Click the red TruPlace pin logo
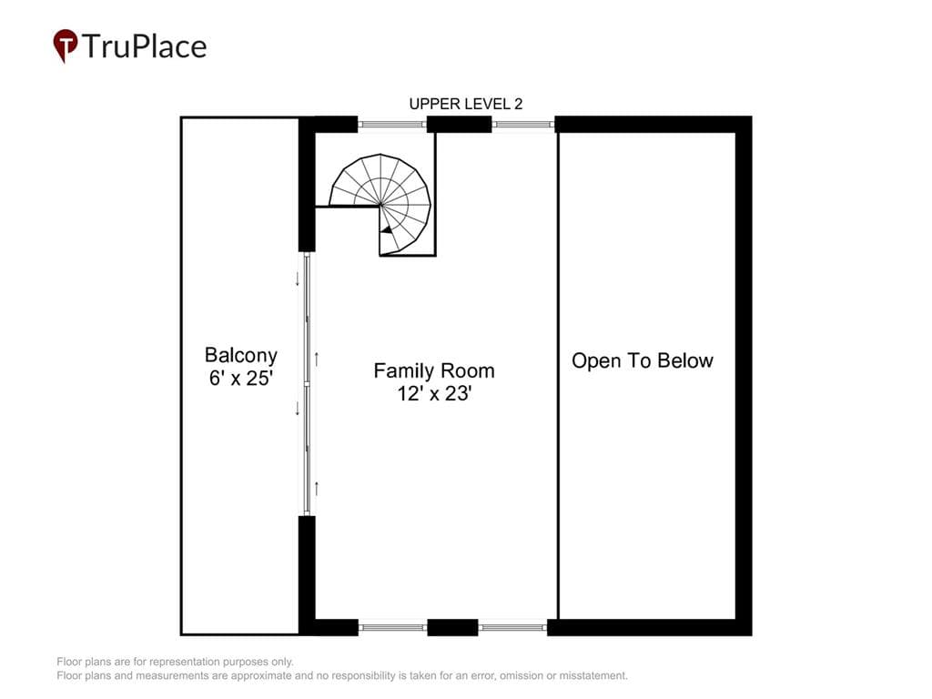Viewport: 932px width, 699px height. (66, 46)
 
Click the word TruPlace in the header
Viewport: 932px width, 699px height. (145, 46)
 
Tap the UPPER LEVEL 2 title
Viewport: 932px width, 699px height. (465, 104)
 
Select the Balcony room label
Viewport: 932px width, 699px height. (240, 355)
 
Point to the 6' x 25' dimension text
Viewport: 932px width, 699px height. (240, 378)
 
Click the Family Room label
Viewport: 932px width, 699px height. (434, 371)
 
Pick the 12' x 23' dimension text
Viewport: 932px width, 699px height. (434, 393)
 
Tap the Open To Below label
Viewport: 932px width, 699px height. (643, 360)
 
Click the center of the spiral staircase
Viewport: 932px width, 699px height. (380, 205)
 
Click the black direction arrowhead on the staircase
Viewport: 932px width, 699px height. (386, 229)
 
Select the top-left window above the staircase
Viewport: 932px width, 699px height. (392, 124)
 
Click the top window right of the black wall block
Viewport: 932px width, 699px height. (523, 124)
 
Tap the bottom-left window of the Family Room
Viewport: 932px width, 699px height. (393, 627)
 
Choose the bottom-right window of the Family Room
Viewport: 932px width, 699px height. (512, 627)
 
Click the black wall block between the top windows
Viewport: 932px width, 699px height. (460, 124)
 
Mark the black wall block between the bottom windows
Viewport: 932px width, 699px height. (452, 627)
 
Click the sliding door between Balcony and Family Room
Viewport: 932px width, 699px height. (307, 384)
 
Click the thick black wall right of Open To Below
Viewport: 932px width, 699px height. (744, 376)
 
